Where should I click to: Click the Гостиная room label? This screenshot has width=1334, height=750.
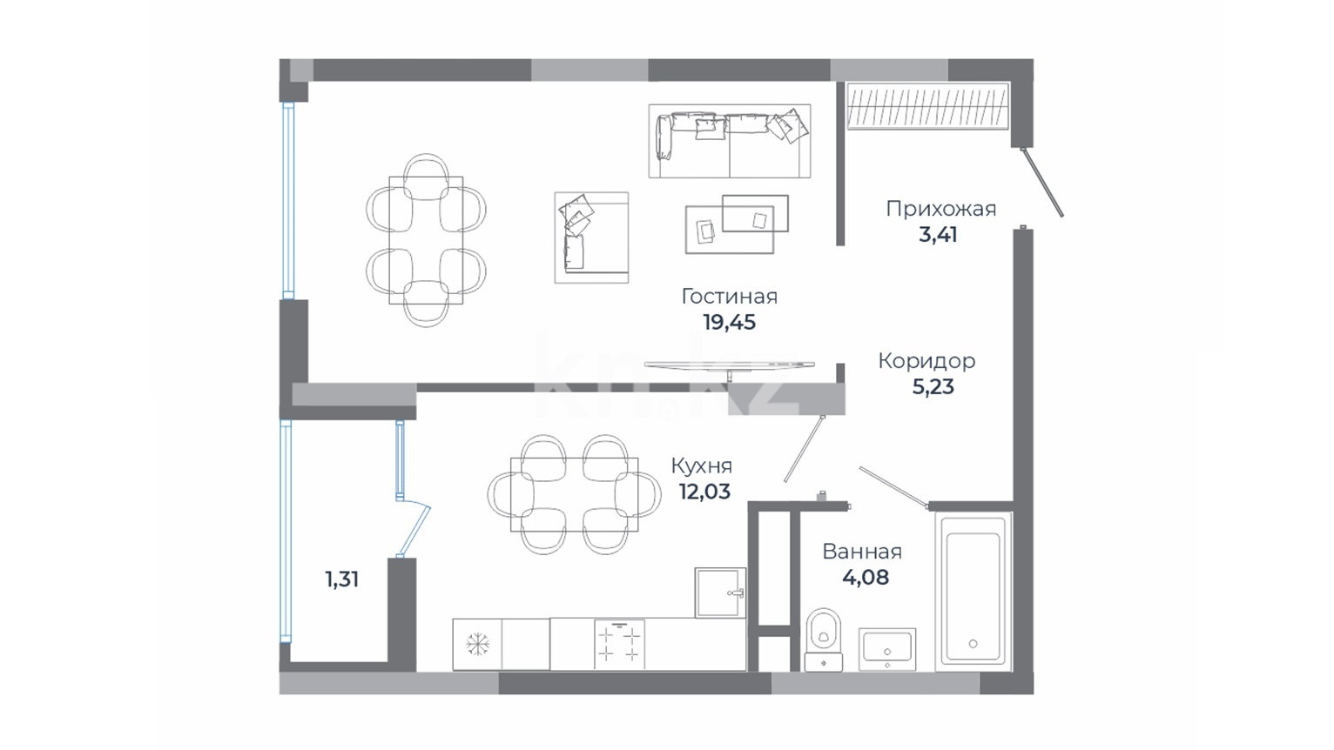[730, 297]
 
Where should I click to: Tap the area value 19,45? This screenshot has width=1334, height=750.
[730, 323]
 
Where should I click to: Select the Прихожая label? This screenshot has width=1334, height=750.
[941, 210]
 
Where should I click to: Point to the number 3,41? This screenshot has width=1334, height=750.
[938, 235]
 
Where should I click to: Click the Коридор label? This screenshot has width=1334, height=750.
[926, 361]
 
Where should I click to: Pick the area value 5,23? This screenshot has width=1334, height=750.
[933, 387]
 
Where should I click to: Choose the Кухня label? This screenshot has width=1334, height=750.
[702, 466]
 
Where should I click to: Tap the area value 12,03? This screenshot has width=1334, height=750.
[704, 492]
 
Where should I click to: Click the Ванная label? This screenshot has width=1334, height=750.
[862, 552]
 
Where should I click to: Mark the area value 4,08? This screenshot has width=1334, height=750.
[866, 578]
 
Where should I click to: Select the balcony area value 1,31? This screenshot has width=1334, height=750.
[342, 579]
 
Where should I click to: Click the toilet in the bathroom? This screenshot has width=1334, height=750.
[824, 640]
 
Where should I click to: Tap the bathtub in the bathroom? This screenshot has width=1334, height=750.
[974, 592]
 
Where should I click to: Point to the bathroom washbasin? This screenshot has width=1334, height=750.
[887, 649]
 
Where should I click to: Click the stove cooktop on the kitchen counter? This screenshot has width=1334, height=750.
[619, 645]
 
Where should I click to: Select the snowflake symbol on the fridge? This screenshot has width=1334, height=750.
[478, 644]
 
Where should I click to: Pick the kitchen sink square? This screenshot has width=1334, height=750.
[721, 593]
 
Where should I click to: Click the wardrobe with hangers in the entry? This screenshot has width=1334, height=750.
[928, 106]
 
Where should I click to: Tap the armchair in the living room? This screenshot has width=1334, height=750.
[591, 238]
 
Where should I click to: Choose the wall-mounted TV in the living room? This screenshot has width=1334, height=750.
[730, 365]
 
